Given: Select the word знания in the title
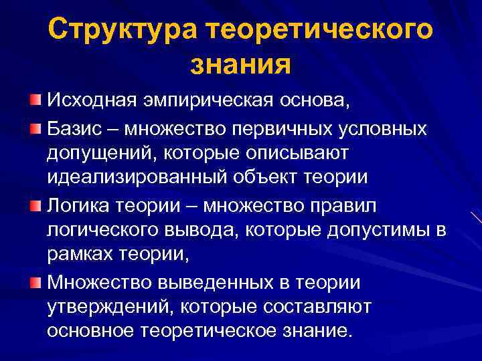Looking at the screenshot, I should point(241,65).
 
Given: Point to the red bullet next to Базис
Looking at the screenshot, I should point(35,127).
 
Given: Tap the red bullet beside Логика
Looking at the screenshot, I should point(35,205).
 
